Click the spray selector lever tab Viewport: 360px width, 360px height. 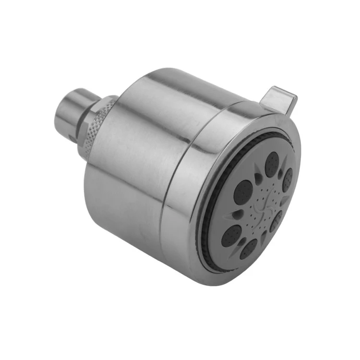click(x=281, y=98)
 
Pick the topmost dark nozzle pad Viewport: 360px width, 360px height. click(x=273, y=164)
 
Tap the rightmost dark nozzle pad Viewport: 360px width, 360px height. click(x=288, y=180)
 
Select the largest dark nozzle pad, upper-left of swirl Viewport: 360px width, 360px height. click(x=244, y=192)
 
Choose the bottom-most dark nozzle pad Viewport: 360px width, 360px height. click(x=249, y=249)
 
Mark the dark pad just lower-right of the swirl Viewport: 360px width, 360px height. click(x=277, y=221)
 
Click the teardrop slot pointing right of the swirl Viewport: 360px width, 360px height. click(x=283, y=202)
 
